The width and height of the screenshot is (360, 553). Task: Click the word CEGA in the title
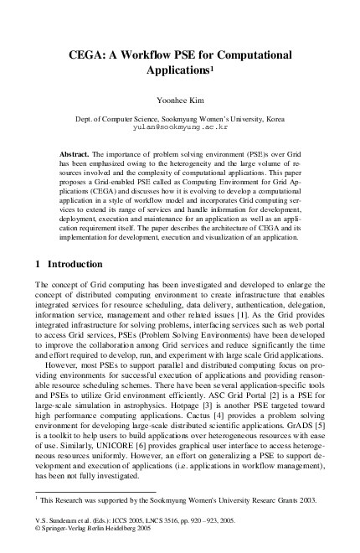click(x=89, y=54)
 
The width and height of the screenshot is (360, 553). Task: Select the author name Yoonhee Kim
click(x=180, y=99)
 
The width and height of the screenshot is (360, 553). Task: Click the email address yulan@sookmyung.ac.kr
click(x=180, y=129)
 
